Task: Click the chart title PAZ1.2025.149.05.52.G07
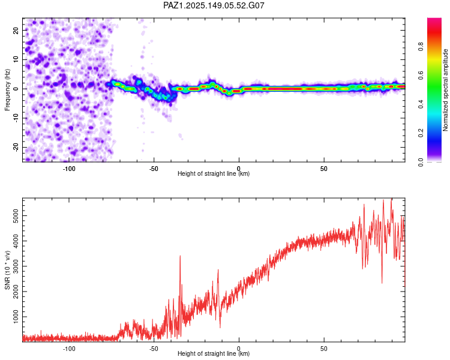(214, 5)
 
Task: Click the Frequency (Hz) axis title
(7, 90)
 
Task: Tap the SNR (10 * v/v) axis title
(7, 270)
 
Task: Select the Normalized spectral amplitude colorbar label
(445, 90)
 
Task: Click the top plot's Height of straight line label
(214, 173)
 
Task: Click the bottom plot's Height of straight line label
(214, 353)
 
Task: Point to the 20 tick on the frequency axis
(16, 31)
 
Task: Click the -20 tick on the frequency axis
(16, 147)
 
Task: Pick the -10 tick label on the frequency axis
(16, 118)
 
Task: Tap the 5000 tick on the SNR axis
(16, 216)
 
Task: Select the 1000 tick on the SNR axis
(16, 317)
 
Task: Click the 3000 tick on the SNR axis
(16, 266)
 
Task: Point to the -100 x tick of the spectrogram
(69, 169)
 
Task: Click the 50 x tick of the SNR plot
(324, 349)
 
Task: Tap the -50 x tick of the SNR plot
(154, 349)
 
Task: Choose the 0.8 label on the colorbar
(421, 47)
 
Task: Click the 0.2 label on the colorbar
(421, 133)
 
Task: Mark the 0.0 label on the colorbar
(421, 162)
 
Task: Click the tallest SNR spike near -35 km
(180, 256)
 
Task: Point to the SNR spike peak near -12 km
(218, 270)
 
